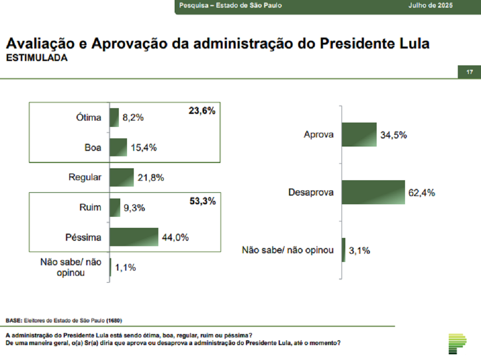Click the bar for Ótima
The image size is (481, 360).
coord(114,118)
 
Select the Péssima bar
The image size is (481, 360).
coord(134,237)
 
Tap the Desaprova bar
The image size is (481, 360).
coord(373,192)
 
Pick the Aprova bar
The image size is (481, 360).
coord(359,135)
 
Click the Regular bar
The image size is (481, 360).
coord(122,177)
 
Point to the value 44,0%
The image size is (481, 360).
coord(175,237)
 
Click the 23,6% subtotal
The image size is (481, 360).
coord(202,111)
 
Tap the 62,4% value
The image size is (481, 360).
coord(421,193)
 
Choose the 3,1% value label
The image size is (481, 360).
coord(360,250)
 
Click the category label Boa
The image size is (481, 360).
coord(93,148)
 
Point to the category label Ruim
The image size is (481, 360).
coord(90,208)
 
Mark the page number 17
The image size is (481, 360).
coord(469,73)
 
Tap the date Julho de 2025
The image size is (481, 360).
coord(430,6)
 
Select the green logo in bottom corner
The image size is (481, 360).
coord(457,343)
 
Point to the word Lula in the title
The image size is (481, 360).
coord(412,44)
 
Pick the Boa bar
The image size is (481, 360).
coord(118,148)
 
